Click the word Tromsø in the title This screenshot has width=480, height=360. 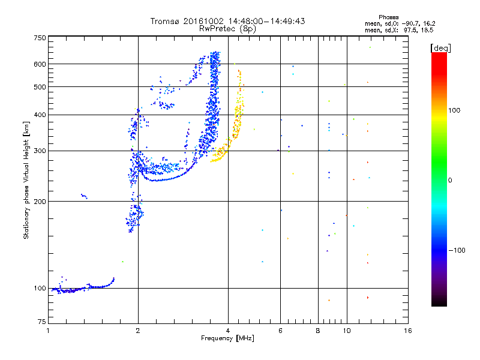click(x=165, y=21)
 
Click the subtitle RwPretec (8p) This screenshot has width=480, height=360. click(x=227, y=29)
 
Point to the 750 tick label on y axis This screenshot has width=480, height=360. click(x=40, y=38)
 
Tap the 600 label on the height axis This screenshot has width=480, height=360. click(x=40, y=64)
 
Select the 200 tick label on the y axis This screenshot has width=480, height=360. click(x=40, y=202)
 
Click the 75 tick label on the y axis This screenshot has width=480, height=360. click(x=42, y=322)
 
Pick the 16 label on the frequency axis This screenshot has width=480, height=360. click(x=408, y=331)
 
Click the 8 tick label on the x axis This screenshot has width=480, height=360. click(x=318, y=331)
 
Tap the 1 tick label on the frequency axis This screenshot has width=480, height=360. click(x=48, y=331)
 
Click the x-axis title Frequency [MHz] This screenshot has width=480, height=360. click(x=227, y=338)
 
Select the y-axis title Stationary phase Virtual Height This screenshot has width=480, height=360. click(x=26, y=180)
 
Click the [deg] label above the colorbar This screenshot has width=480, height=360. click(x=440, y=49)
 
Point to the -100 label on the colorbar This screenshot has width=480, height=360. click(x=457, y=250)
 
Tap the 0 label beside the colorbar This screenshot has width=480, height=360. click(x=450, y=181)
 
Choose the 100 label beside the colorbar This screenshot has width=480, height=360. click(x=454, y=110)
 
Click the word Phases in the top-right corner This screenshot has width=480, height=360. click(x=389, y=17)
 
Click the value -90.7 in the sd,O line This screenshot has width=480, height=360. click(x=411, y=23)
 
